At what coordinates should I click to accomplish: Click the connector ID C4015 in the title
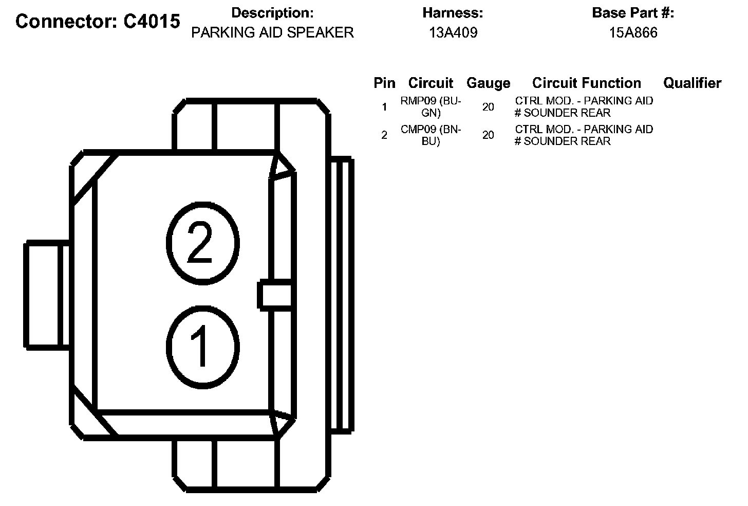pos(152,21)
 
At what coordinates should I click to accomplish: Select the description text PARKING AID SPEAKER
pos(272,32)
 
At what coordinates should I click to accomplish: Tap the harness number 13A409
pos(453,33)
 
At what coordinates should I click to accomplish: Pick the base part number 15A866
pos(633,33)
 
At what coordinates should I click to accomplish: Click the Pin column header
pos(384,83)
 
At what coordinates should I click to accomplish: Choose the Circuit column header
pos(431,83)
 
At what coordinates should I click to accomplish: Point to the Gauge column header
pos(488,83)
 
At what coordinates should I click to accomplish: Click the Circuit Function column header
pos(586,83)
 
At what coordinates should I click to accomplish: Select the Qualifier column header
pos(692,83)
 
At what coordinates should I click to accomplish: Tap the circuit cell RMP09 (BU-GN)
pos(431,107)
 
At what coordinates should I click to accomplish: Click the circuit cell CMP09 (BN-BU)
pos(431,135)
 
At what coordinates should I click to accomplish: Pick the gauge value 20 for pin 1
pos(488,107)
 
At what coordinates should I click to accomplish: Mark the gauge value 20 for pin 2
pos(488,135)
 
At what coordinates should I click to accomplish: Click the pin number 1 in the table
pos(384,107)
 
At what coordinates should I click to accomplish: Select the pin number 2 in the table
pos(384,135)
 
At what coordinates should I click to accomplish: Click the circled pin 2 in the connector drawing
pos(202,243)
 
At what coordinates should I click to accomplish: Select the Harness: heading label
pos(453,13)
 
